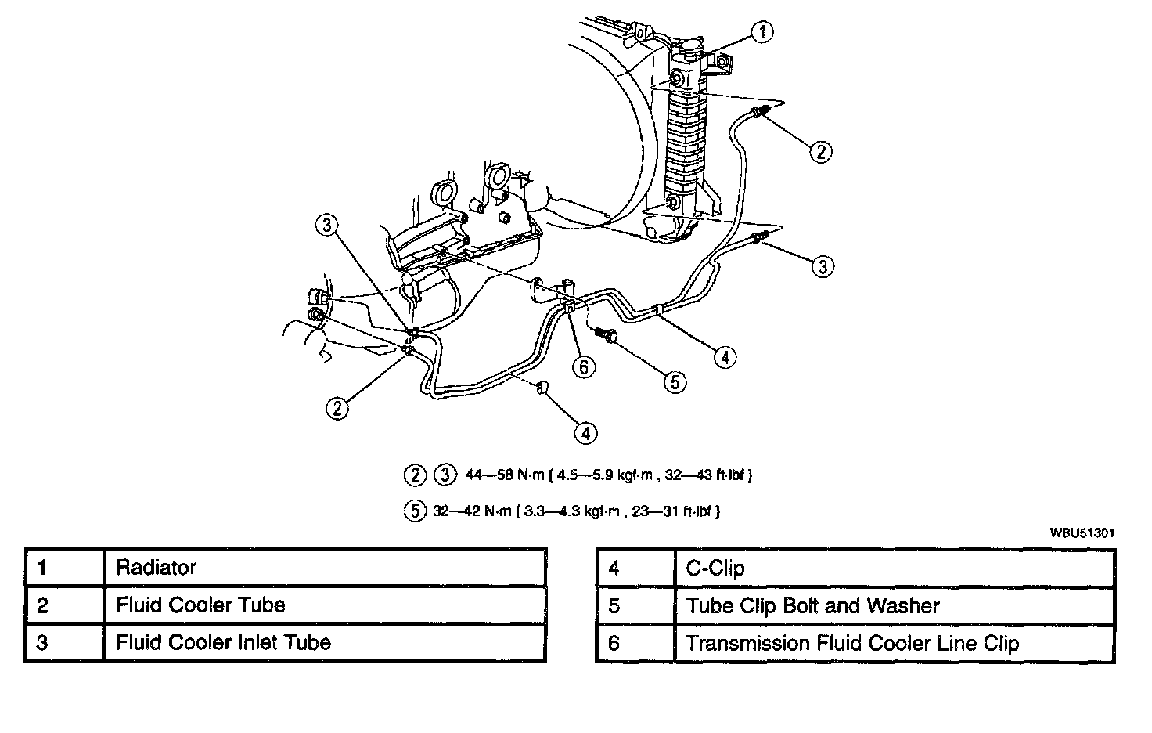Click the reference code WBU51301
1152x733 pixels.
click(1082, 533)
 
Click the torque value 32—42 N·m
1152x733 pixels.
click(470, 511)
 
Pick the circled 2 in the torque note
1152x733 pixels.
click(414, 475)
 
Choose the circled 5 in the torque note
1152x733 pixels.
click(414, 511)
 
